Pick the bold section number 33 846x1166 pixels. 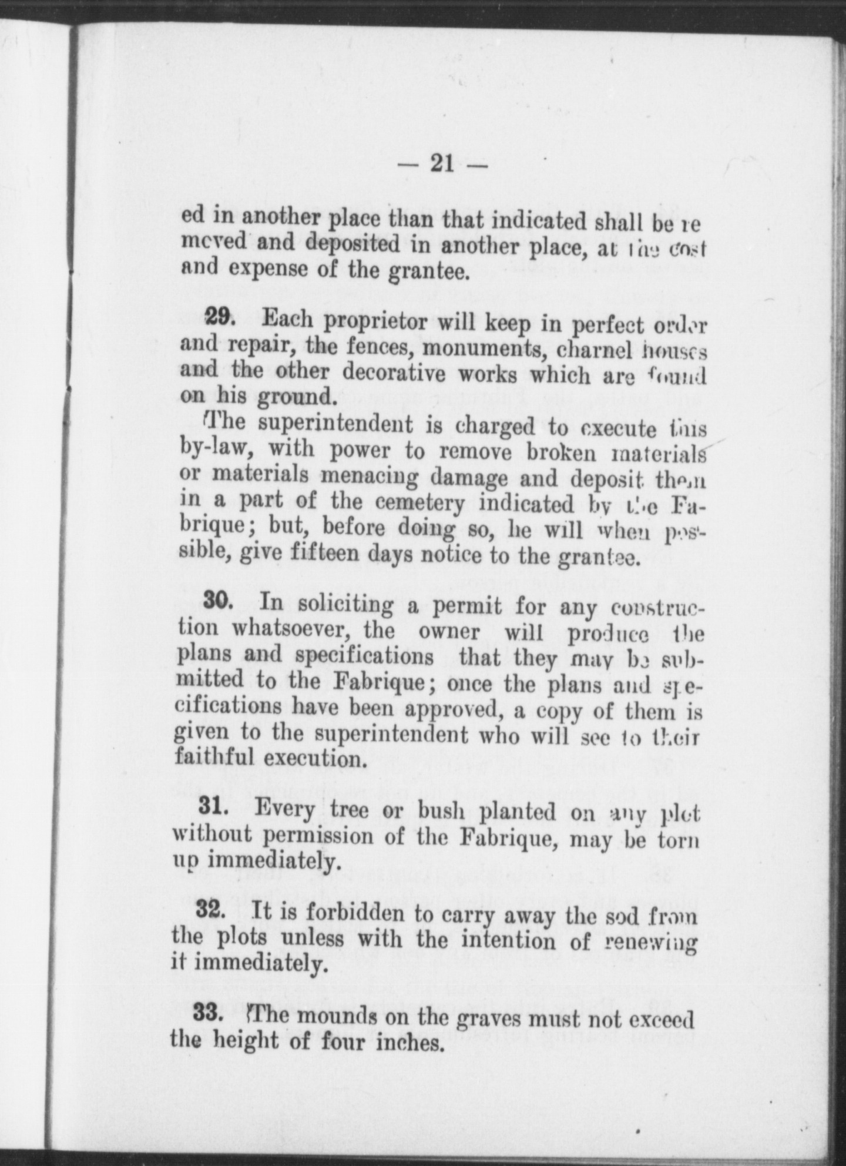pos(208,1015)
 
